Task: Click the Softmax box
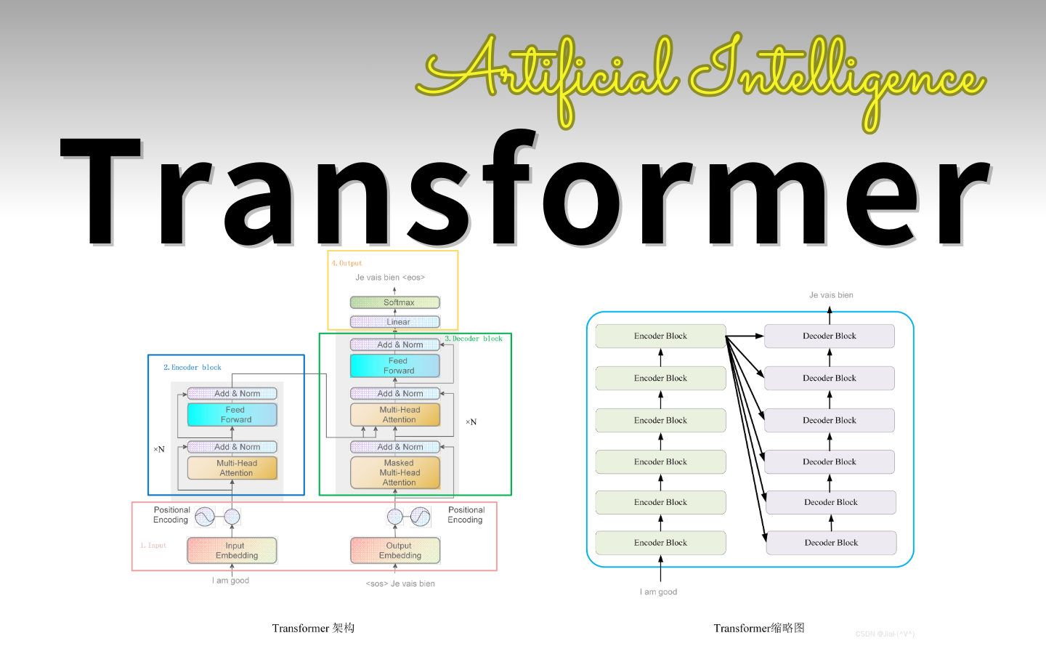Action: [x=395, y=302]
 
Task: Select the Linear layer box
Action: [x=395, y=322]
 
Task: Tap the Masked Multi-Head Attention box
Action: [x=395, y=472]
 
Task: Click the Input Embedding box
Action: [x=232, y=551]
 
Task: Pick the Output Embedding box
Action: [x=395, y=551]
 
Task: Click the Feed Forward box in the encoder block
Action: [x=232, y=415]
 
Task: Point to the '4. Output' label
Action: [x=346, y=263]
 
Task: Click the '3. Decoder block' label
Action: [x=474, y=339]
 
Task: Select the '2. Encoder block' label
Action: [x=192, y=368]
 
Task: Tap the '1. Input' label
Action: [x=153, y=545]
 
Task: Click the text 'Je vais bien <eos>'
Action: [x=390, y=278]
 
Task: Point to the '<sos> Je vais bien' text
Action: [x=400, y=584]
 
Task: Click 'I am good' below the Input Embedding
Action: [x=230, y=581]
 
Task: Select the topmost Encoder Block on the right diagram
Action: [x=660, y=336]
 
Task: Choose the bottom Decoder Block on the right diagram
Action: [x=831, y=543]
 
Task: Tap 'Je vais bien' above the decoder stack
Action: [x=831, y=295]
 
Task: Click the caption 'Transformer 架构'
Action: [x=313, y=628]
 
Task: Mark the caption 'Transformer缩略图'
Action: [x=759, y=628]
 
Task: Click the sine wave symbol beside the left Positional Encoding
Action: [x=205, y=517]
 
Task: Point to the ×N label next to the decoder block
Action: [x=471, y=421]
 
